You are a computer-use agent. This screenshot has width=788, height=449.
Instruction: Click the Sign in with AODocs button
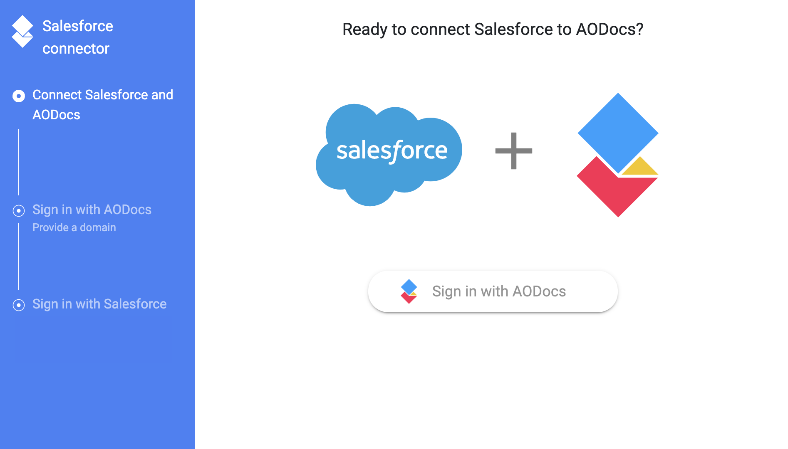coord(493,291)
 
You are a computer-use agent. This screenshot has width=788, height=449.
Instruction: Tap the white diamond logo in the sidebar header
coord(22,31)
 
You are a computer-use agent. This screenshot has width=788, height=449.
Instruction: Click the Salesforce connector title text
coord(78,37)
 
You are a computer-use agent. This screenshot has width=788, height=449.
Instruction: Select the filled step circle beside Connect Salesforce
coord(19,96)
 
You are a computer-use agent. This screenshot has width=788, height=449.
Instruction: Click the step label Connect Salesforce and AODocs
coord(103,105)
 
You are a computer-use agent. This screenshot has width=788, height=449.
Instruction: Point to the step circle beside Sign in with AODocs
coord(19,211)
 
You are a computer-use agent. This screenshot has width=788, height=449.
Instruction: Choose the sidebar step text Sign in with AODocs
coord(92,210)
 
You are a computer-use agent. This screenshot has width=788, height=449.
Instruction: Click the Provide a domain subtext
coord(74,227)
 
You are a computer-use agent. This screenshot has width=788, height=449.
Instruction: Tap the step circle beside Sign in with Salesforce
coord(19,305)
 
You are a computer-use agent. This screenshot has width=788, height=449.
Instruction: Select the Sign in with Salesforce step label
coord(99,304)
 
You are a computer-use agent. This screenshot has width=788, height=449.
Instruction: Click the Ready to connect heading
coord(493,29)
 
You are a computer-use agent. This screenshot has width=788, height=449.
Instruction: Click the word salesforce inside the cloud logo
coord(392,150)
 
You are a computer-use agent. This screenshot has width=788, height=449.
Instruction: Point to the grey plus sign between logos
coord(514,151)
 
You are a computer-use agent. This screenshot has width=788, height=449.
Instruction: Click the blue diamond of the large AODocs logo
coord(618,133)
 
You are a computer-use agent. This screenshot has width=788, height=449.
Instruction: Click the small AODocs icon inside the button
coord(409,291)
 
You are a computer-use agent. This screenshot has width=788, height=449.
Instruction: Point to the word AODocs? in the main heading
coord(610,29)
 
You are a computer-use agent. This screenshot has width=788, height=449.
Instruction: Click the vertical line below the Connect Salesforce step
coord(19,162)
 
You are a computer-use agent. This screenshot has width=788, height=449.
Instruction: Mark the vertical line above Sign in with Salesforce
coord(19,257)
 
